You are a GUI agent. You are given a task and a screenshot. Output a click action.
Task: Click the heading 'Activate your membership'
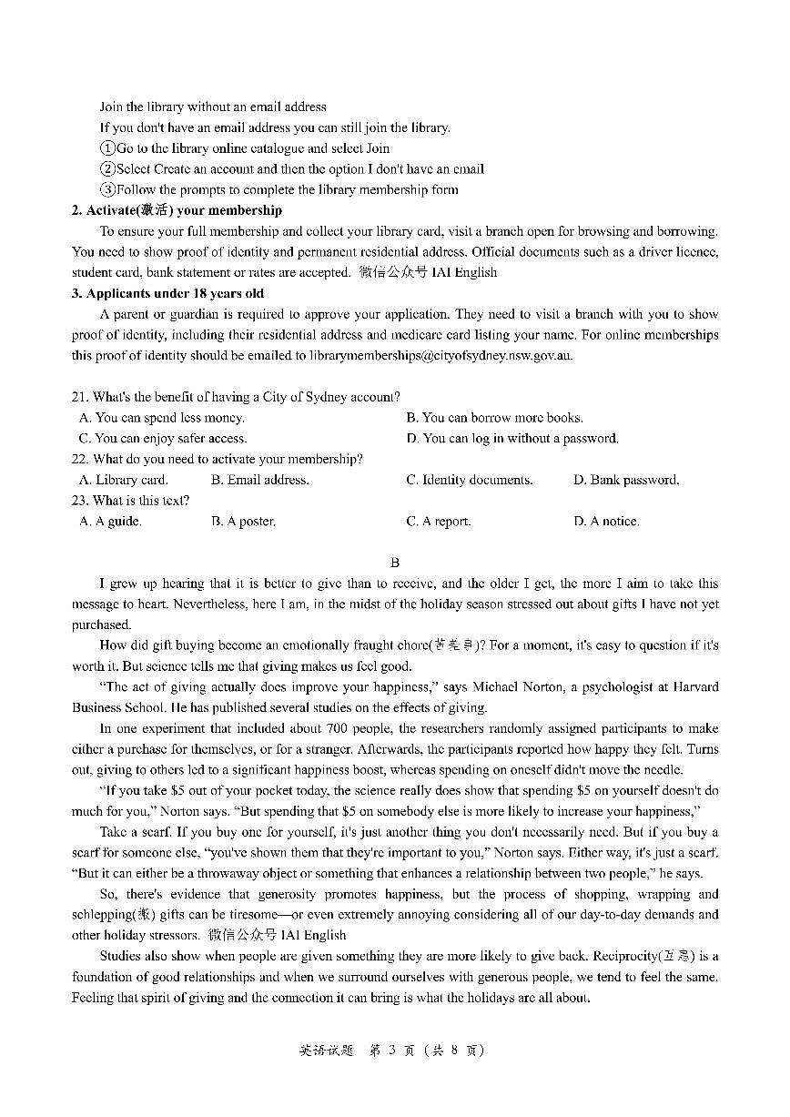[x=177, y=210]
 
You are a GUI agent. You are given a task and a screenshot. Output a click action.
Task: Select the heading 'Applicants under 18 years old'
[x=167, y=293]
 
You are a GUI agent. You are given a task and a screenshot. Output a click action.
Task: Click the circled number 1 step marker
[x=107, y=148]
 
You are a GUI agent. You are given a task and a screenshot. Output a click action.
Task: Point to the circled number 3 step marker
[x=107, y=190]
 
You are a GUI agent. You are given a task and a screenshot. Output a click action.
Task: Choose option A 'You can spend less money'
[x=162, y=418]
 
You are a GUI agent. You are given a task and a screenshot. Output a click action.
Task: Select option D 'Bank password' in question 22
[x=626, y=480]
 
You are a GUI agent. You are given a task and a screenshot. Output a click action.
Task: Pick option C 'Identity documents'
[x=469, y=480]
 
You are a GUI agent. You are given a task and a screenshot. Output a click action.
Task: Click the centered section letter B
[x=395, y=564]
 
